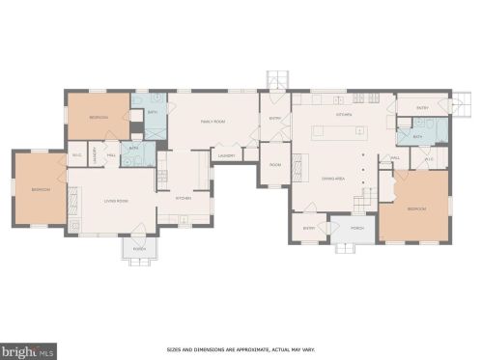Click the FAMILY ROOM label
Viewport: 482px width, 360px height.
213,122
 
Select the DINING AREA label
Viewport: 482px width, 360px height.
334,180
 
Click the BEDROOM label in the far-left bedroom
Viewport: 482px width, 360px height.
39,189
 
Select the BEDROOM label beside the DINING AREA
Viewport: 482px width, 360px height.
417,208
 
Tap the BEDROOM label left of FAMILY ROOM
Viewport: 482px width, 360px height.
99,118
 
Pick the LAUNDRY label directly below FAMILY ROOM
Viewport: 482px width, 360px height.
227,155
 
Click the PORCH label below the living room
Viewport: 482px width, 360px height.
138,247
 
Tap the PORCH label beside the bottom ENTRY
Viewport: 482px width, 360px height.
357,229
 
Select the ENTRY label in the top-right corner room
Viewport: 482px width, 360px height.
422,108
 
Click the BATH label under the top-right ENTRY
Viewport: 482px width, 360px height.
417,136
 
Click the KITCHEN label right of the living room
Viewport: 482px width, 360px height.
180,198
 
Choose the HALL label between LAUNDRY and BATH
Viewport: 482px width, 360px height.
111,154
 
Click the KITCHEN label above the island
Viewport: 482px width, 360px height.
344,114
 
